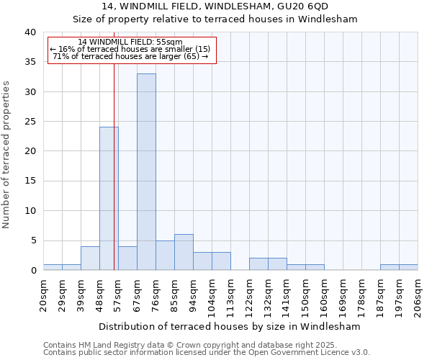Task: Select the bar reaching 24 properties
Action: coord(109,198)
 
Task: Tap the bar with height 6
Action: coord(184,252)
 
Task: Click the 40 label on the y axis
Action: coord(30,32)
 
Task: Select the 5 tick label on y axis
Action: coord(32,240)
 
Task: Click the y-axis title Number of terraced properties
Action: coord(6,154)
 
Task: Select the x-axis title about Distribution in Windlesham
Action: coord(229,326)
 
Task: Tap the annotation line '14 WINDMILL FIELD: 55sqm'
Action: coord(130,42)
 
